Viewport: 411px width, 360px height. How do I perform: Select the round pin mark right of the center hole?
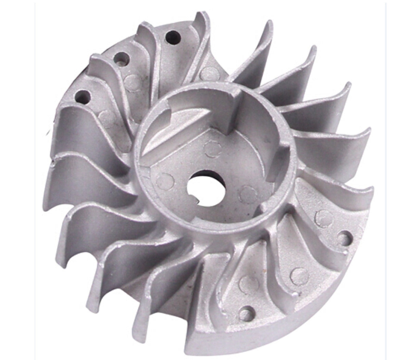tap(246, 193)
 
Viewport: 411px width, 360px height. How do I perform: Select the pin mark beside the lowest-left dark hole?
tap(107, 115)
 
